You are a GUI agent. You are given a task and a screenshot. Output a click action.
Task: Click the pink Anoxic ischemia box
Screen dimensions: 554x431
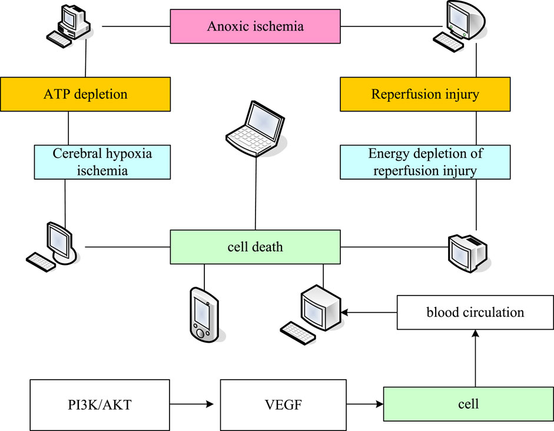[x=255, y=26]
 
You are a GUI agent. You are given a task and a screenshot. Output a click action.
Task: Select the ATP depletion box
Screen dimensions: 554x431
[x=85, y=94]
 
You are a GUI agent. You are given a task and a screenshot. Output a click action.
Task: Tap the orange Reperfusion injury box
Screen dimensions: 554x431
[x=425, y=94]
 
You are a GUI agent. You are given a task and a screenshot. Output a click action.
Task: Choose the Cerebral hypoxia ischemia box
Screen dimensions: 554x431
[x=102, y=162]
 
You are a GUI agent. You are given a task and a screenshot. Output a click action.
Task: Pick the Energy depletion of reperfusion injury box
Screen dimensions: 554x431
[x=425, y=162]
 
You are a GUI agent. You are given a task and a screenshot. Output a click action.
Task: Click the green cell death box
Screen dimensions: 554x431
[x=255, y=247]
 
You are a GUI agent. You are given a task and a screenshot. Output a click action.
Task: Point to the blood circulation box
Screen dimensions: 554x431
[x=475, y=312]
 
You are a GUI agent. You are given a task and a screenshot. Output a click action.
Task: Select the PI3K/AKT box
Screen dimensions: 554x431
[x=99, y=405]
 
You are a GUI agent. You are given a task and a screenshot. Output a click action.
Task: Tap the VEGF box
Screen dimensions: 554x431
[x=283, y=405]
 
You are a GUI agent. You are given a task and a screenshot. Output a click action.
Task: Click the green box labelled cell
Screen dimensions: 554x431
[x=469, y=404]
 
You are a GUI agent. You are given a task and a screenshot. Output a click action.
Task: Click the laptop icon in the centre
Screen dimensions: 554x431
[x=255, y=129]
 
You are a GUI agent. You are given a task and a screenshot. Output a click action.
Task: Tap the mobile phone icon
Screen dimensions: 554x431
[x=204, y=315]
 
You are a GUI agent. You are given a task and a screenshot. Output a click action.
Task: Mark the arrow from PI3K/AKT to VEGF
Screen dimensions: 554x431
[x=191, y=404]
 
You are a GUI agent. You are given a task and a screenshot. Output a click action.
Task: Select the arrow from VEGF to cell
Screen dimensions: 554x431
[x=365, y=404]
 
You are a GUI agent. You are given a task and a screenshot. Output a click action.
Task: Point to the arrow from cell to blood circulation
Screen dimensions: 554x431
[x=476, y=358]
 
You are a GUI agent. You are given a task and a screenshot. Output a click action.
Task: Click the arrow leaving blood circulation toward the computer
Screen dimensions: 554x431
[x=369, y=313]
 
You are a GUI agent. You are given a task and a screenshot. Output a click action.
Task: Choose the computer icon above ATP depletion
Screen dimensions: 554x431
[x=68, y=26]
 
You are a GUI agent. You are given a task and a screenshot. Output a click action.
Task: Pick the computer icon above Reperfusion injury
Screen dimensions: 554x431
[x=459, y=26]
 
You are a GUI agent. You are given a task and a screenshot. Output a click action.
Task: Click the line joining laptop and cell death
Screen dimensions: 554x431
[x=256, y=194]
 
